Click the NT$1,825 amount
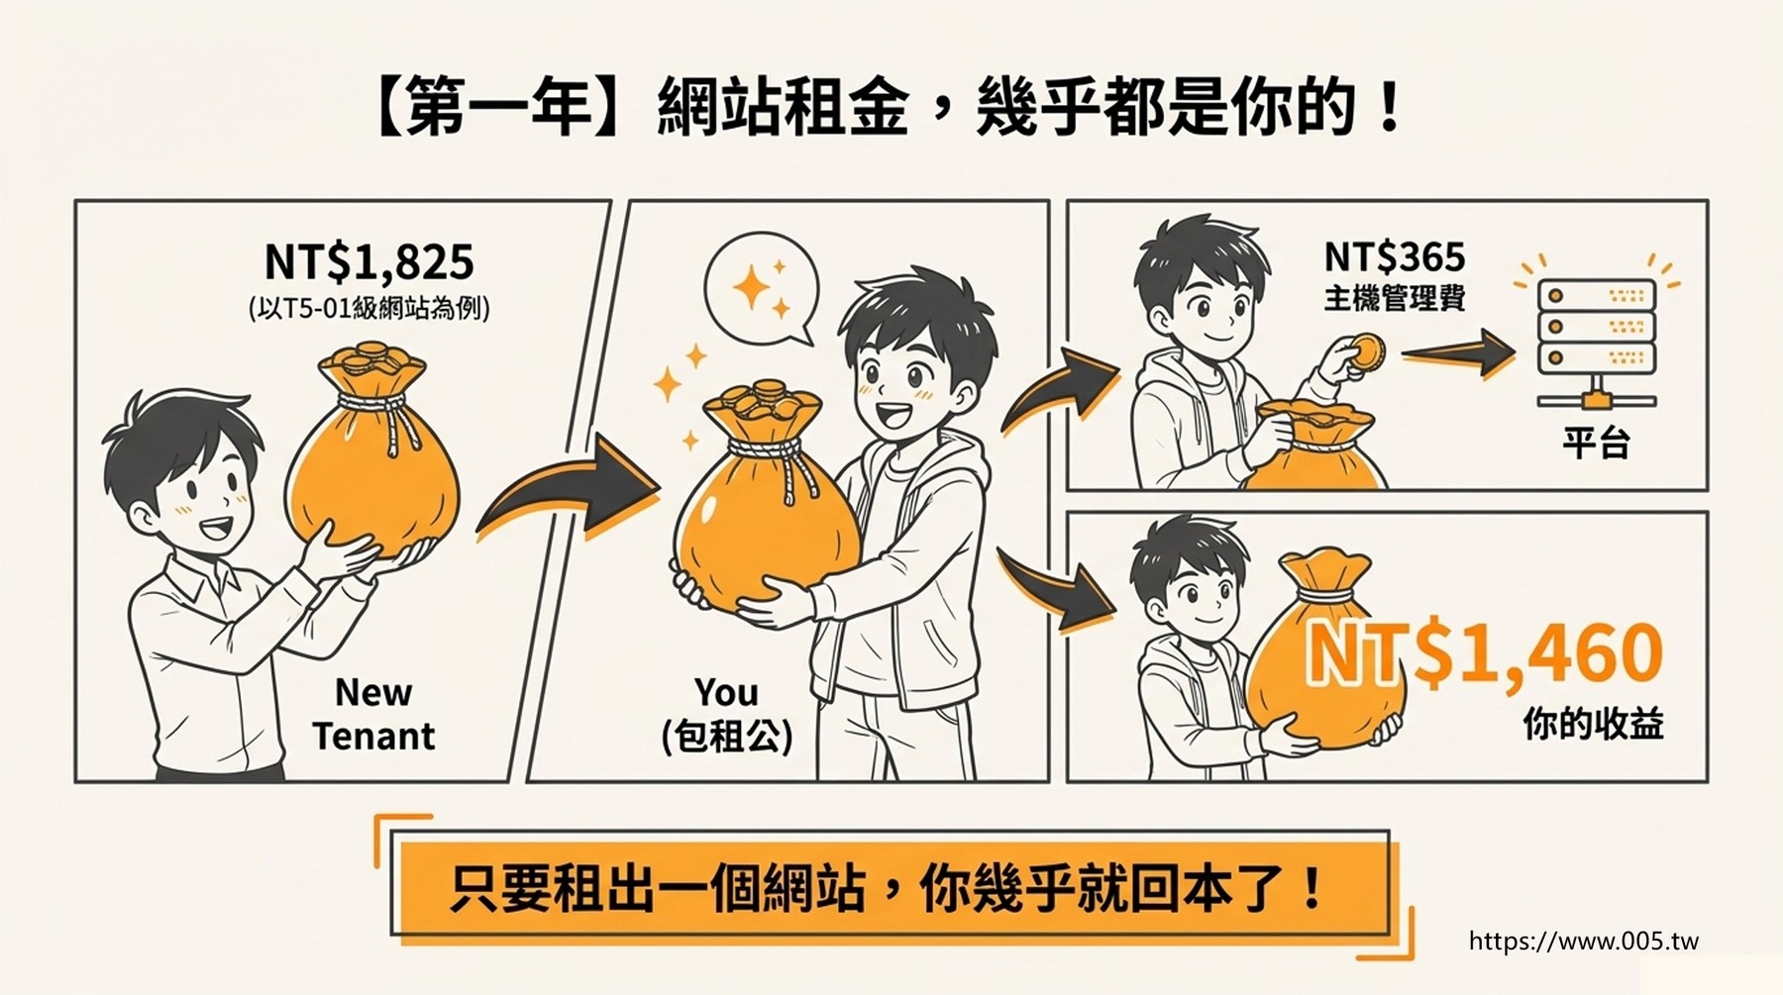point(369,263)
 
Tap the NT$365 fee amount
point(1395,257)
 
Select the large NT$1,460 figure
point(1484,653)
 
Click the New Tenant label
point(373,714)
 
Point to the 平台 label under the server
point(1596,442)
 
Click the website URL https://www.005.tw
point(1584,941)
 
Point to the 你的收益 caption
point(1593,725)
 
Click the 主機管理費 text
point(1395,298)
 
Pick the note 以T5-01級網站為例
point(368,309)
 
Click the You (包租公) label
point(728,714)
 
